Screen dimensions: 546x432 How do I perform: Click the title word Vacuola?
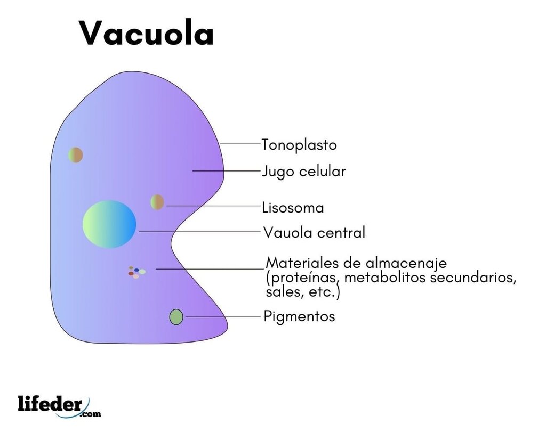coord(146,33)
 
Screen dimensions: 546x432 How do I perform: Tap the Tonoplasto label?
coord(299,145)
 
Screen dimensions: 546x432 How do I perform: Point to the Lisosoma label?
coord(293,208)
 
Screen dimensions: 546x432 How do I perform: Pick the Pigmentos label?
coord(299,317)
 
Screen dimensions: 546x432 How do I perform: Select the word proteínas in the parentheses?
coord(303,278)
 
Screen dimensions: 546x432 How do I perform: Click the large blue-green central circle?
coord(109,224)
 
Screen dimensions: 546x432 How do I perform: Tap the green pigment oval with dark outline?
coord(176,317)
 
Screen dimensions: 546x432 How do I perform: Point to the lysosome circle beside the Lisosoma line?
coord(157,202)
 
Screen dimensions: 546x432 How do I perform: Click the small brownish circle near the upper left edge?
coord(75,155)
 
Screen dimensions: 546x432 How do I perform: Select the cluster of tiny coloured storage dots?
coord(136,272)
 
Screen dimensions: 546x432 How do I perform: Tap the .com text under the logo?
coord(90,414)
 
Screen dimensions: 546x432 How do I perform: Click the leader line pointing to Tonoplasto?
coord(240,144)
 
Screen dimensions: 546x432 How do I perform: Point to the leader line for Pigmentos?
coord(223,317)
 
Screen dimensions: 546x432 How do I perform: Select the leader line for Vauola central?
coord(200,231)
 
